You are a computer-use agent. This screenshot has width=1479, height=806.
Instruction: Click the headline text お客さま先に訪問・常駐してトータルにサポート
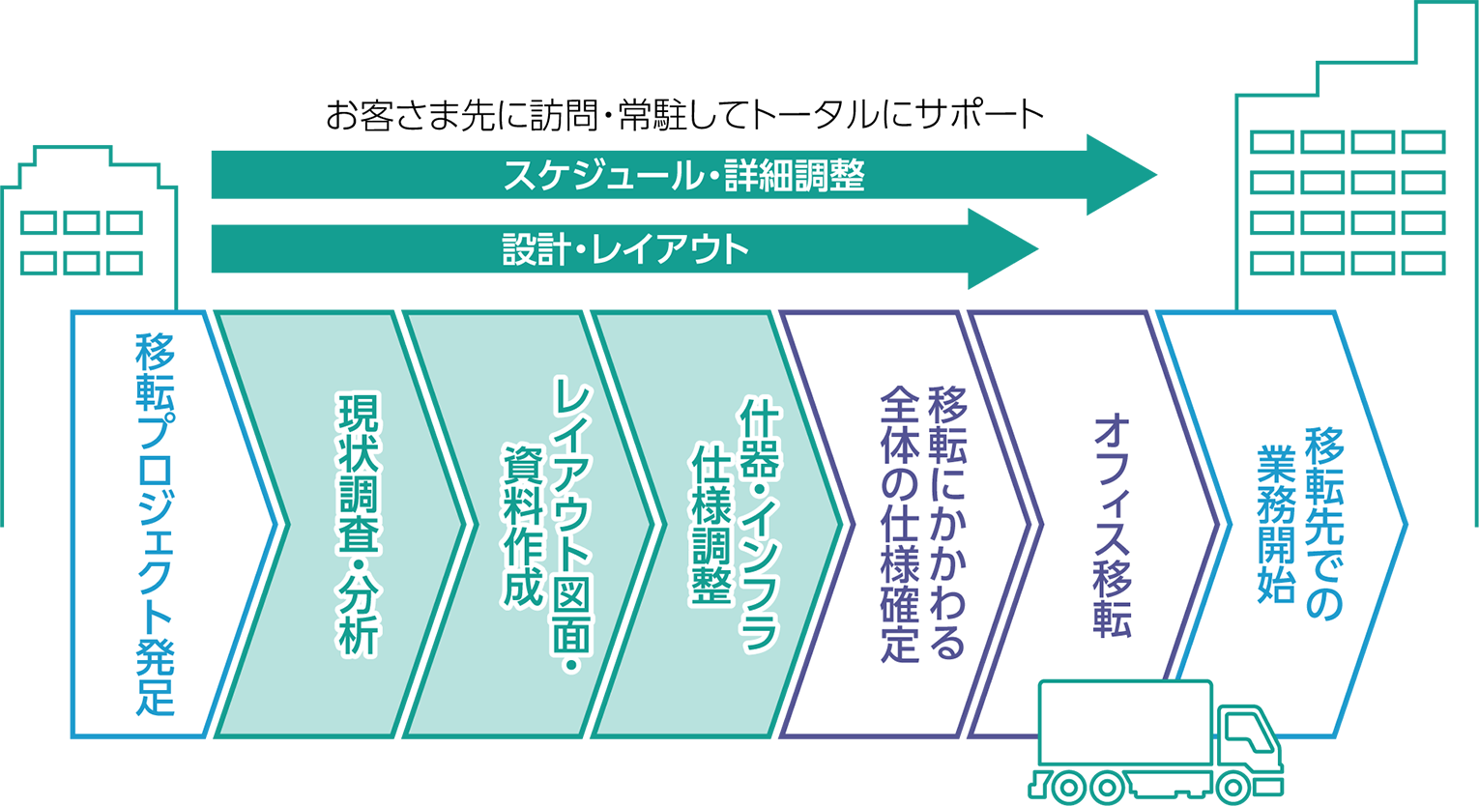pyautogui.click(x=684, y=115)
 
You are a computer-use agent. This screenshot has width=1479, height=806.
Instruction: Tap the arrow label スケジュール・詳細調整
pyautogui.click(x=684, y=175)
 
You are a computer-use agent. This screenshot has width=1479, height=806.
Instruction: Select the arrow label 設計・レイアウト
pyautogui.click(x=625, y=249)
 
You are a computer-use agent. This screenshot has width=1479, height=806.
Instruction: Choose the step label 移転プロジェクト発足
pyautogui.click(x=156, y=525)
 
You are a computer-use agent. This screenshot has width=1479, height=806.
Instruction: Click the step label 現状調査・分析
pyautogui.click(x=360, y=525)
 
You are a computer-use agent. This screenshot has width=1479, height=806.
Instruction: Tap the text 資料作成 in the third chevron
pyautogui.click(x=524, y=526)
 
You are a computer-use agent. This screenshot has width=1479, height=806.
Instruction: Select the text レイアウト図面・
pyautogui.click(x=572, y=526)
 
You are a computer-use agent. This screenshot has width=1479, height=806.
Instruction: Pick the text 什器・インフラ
pyautogui.click(x=760, y=525)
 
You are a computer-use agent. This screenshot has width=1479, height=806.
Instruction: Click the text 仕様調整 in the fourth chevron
pyautogui.click(x=711, y=525)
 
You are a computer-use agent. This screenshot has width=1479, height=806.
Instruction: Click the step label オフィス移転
pyautogui.click(x=1114, y=525)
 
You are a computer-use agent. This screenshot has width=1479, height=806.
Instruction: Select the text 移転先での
pyautogui.click(x=1324, y=524)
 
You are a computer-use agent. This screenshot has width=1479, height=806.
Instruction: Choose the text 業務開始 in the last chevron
pyautogui.click(x=1276, y=524)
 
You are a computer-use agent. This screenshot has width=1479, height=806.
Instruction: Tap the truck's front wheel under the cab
pyautogui.click(x=1232, y=787)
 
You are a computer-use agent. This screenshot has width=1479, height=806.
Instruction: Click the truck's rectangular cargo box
pyautogui.click(x=1126, y=722)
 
